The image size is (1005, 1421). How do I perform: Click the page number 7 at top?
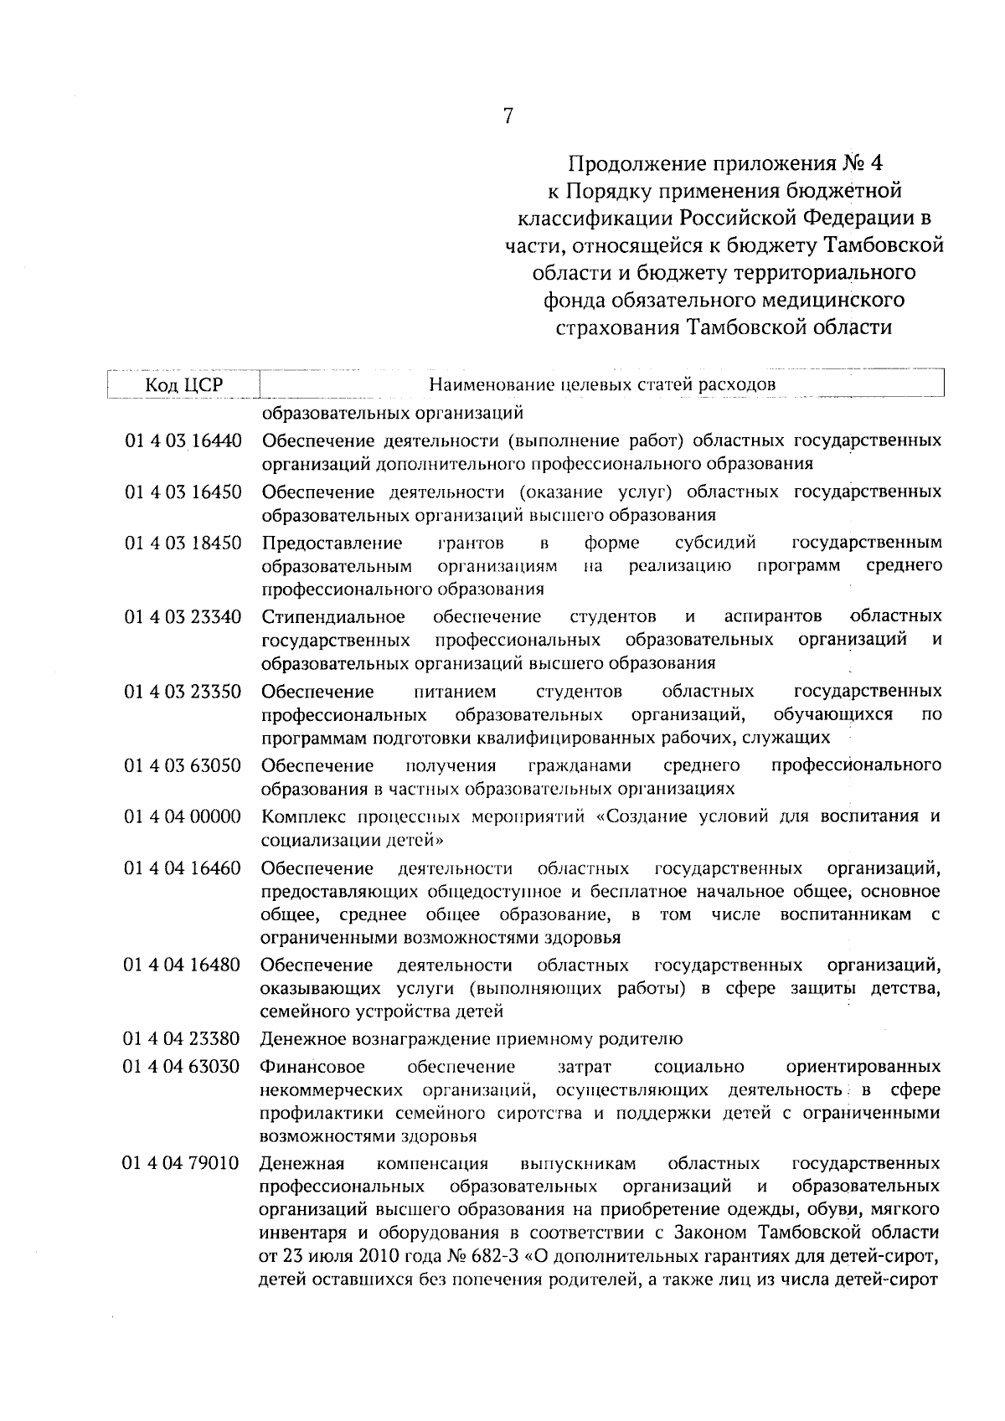click(x=507, y=117)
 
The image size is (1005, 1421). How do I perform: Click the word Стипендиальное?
click(x=333, y=617)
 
